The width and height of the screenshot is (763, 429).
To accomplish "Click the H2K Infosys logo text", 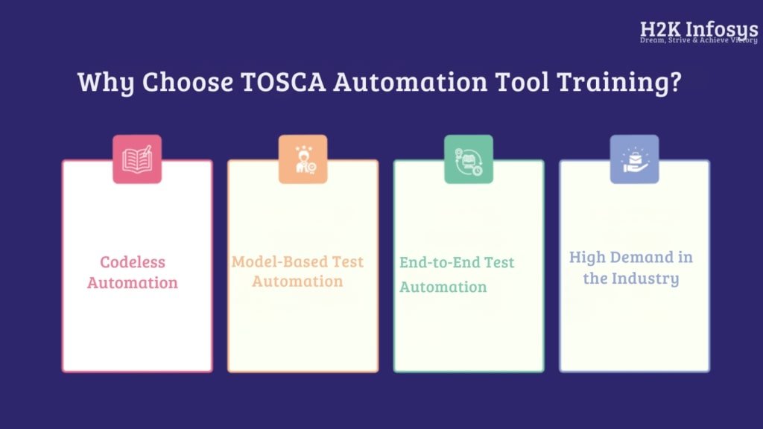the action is point(699,30).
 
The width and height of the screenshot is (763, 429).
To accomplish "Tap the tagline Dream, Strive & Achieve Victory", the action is point(699,40).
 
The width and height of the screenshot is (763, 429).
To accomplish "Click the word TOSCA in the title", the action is point(283,81).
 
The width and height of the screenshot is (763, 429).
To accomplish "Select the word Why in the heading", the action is point(106,82).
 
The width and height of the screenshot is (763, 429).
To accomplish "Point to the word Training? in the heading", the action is point(619,82).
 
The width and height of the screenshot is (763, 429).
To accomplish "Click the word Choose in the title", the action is point(187,81).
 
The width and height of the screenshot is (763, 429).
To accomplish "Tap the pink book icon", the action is point(137,159).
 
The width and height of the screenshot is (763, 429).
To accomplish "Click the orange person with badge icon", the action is point(303,159).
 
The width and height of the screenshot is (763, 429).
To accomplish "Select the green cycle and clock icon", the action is point(469,159).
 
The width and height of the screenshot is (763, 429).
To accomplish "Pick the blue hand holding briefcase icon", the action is point(635,159).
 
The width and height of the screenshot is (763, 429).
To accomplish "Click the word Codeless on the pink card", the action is point(133,262).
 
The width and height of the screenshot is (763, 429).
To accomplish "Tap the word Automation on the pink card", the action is point(133,282).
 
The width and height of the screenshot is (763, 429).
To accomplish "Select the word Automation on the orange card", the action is point(297,281).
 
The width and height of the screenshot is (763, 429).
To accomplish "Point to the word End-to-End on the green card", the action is point(440,263).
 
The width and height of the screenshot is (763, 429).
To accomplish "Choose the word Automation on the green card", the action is point(443,287).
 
